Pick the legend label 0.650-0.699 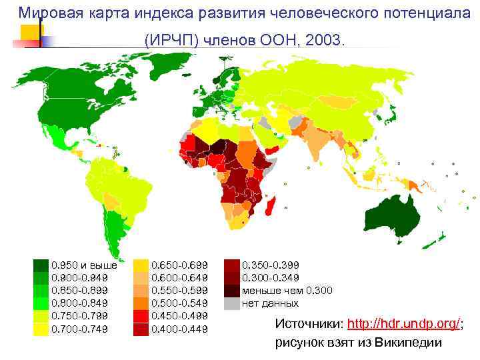180,265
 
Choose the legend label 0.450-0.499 180,316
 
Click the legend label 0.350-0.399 270,265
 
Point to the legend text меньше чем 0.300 287,290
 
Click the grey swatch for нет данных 231,303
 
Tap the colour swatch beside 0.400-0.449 141,329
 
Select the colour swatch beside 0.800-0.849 41,303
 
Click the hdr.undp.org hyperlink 404,323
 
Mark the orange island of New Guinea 414,184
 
